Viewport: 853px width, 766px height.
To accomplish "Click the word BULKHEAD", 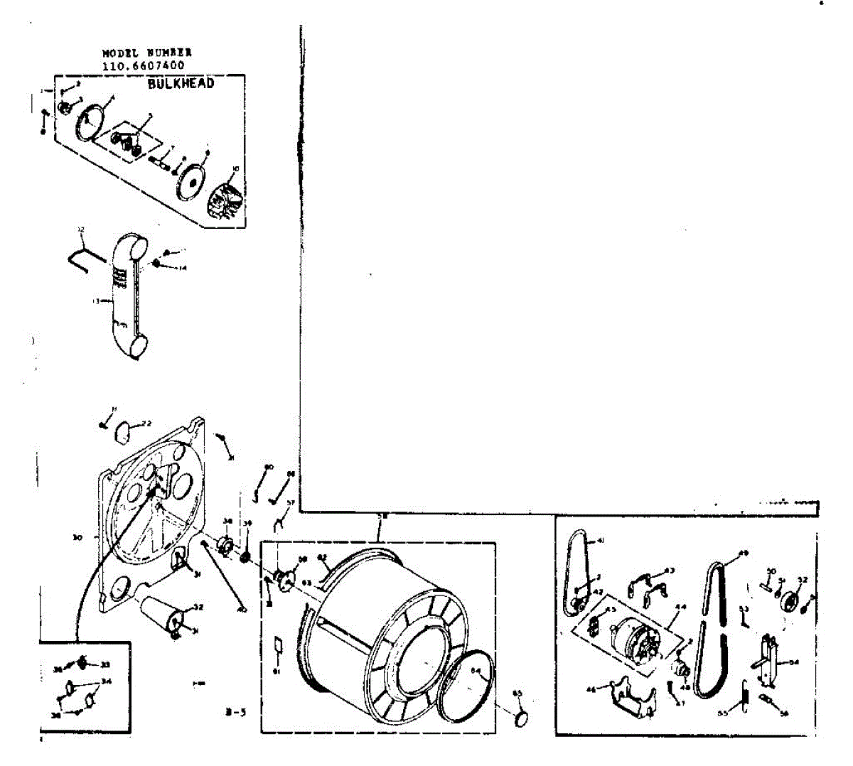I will coord(181,83).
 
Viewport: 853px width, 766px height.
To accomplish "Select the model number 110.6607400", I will coord(144,65).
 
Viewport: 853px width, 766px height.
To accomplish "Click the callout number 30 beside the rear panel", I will coord(77,538).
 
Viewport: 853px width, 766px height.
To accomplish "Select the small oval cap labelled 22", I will coord(124,428).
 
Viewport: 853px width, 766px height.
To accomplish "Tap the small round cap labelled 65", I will coord(521,717).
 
